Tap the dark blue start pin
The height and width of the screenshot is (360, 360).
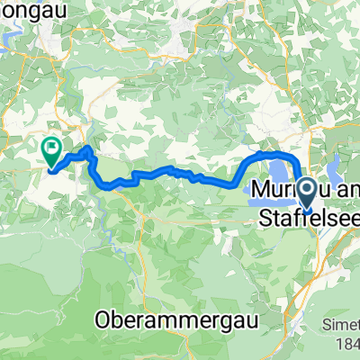click(x=307, y=192)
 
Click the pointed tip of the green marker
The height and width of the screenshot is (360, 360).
click(x=49, y=167)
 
